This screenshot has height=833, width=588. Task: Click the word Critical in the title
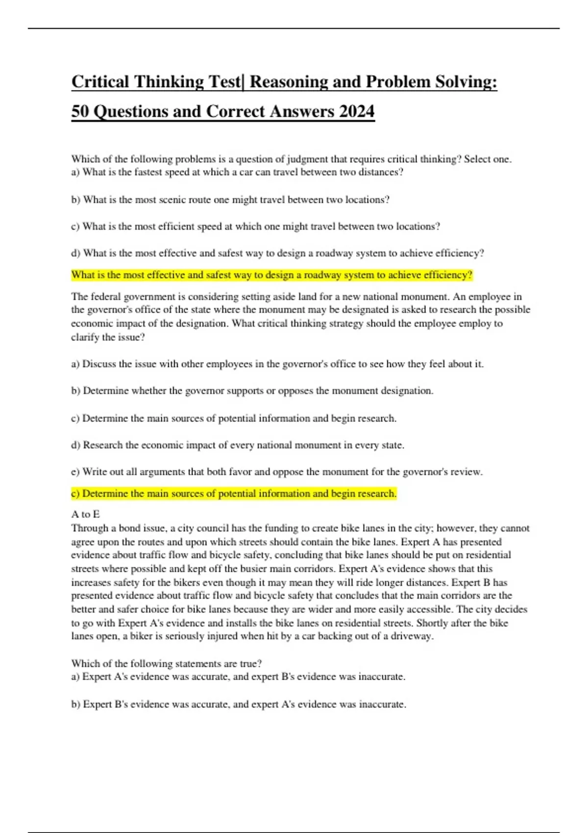[100, 82]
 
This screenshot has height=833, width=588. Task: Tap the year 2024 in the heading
[356, 111]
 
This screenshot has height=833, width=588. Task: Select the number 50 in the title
[80, 111]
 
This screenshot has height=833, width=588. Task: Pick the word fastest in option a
[150, 172]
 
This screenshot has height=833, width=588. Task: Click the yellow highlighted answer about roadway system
[271, 275]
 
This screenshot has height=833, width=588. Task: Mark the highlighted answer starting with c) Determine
[234, 493]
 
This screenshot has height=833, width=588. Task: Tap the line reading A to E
[85, 514]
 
